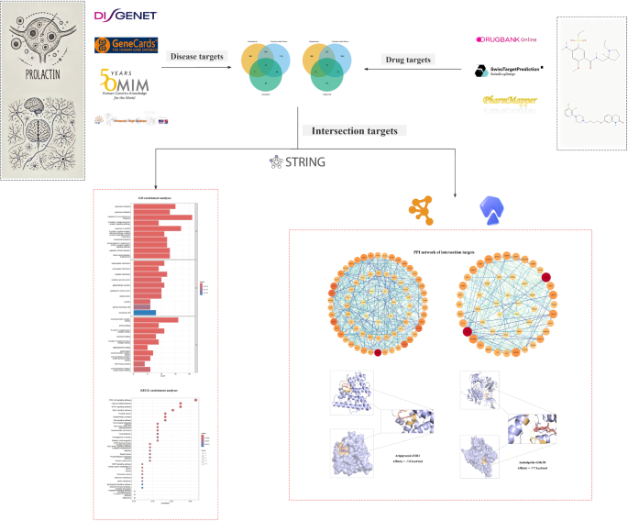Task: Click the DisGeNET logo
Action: (x=126, y=16)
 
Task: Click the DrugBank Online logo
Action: (x=506, y=39)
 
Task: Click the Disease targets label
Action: (x=197, y=57)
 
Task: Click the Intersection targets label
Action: (x=356, y=131)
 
